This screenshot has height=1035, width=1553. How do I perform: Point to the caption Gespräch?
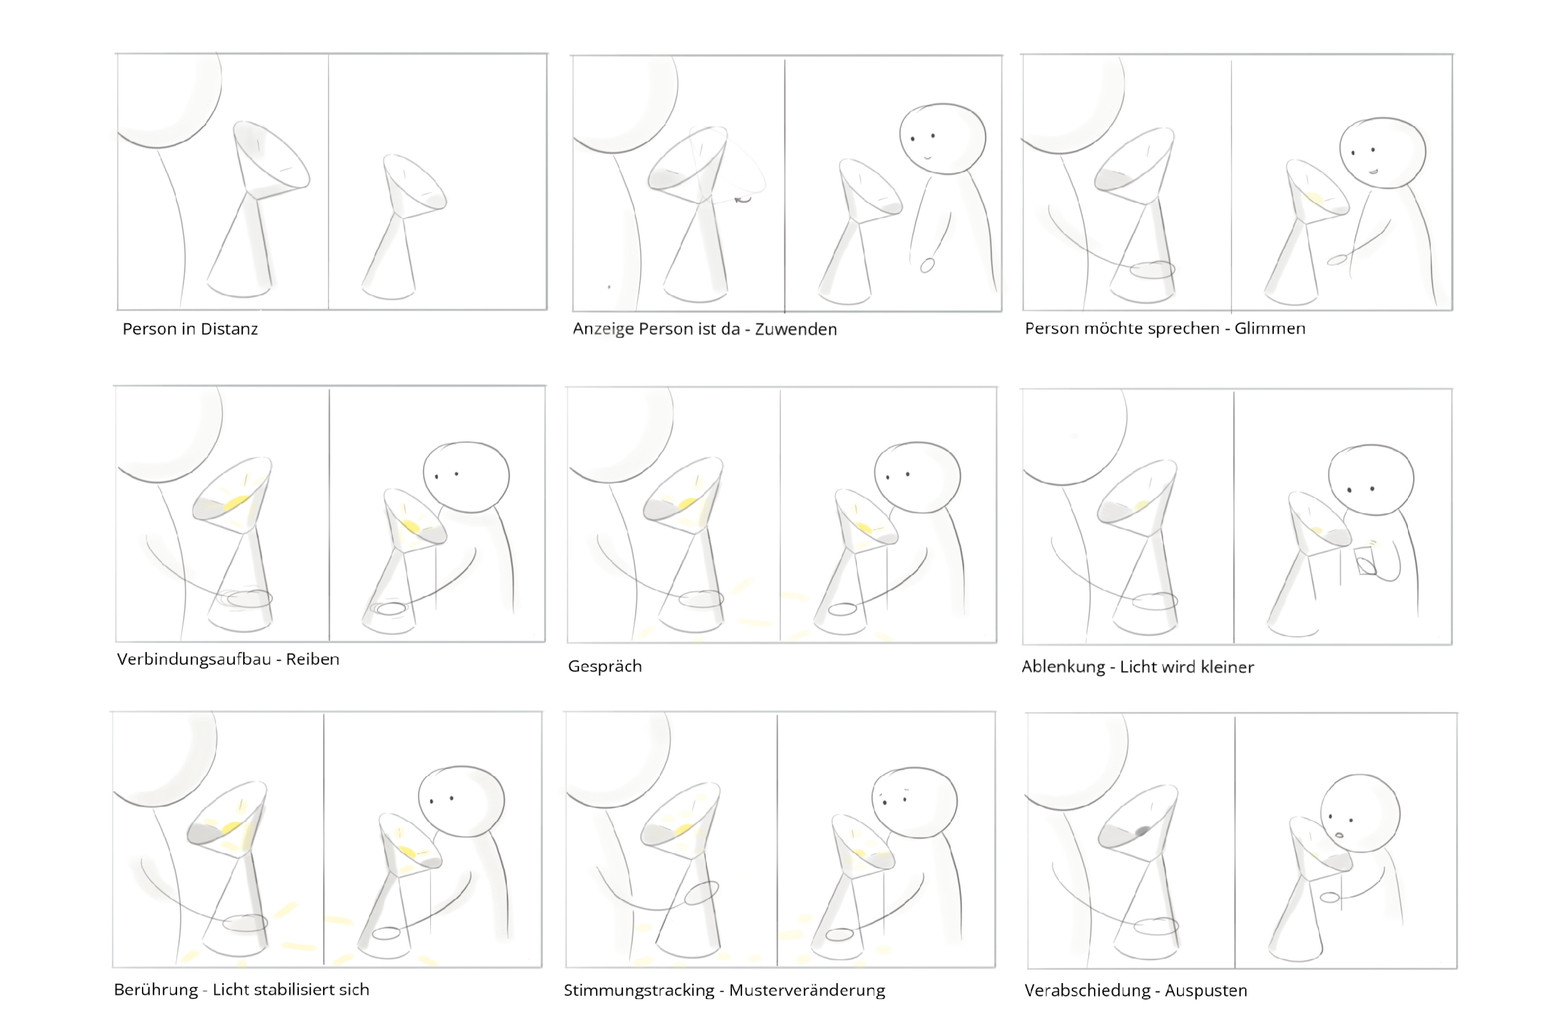pos(605,666)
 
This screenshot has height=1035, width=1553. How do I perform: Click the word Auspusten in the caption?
pos(1206,990)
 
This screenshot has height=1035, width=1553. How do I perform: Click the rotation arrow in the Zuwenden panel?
pos(743,198)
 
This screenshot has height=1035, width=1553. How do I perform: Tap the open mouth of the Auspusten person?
pos(1339,835)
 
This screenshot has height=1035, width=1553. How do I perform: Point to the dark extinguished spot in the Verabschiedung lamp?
pos(1142,831)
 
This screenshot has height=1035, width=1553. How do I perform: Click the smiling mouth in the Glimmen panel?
pos(1373,171)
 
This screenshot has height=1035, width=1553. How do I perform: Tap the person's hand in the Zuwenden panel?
pos(928,266)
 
